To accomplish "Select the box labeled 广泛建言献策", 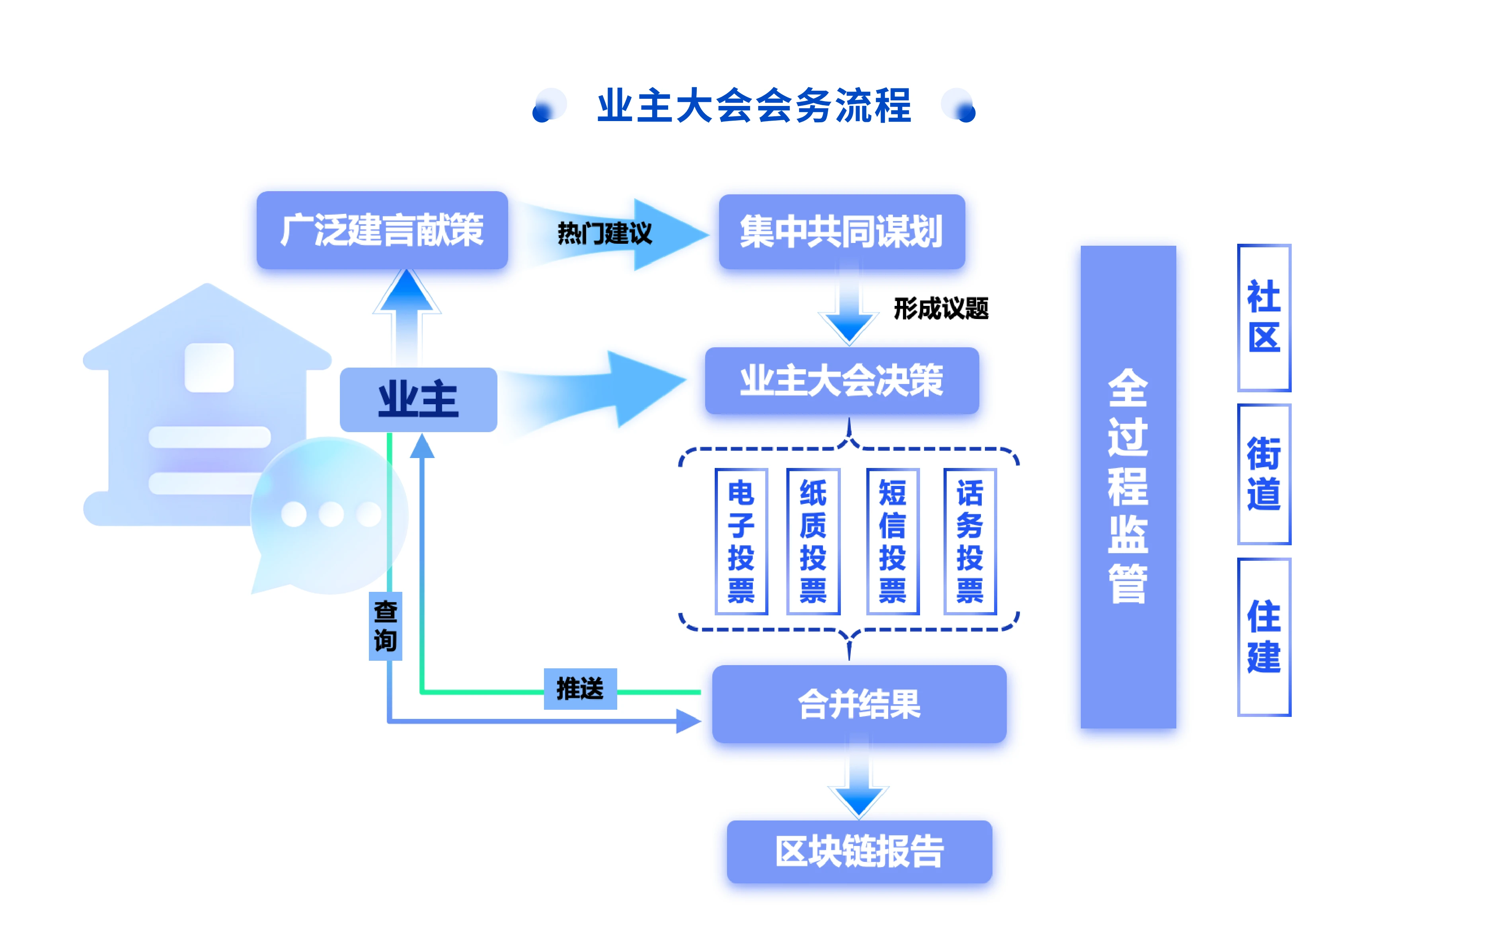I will (x=382, y=231).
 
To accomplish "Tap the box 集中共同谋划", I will (x=842, y=232).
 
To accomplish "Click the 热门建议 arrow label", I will (x=604, y=233).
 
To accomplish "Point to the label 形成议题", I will (x=941, y=308).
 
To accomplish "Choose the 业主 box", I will (x=418, y=399).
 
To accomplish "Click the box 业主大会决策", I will (x=842, y=381).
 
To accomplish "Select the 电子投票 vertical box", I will (x=741, y=541).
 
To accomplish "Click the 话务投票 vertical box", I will (x=970, y=541).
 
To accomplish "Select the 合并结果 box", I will (x=859, y=704).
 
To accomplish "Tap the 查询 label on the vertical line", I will (x=385, y=626).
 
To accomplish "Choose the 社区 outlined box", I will (x=1263, y=317).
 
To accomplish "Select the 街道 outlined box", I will (x=1263, y=474).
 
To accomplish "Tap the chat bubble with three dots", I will (x=331, y=515).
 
